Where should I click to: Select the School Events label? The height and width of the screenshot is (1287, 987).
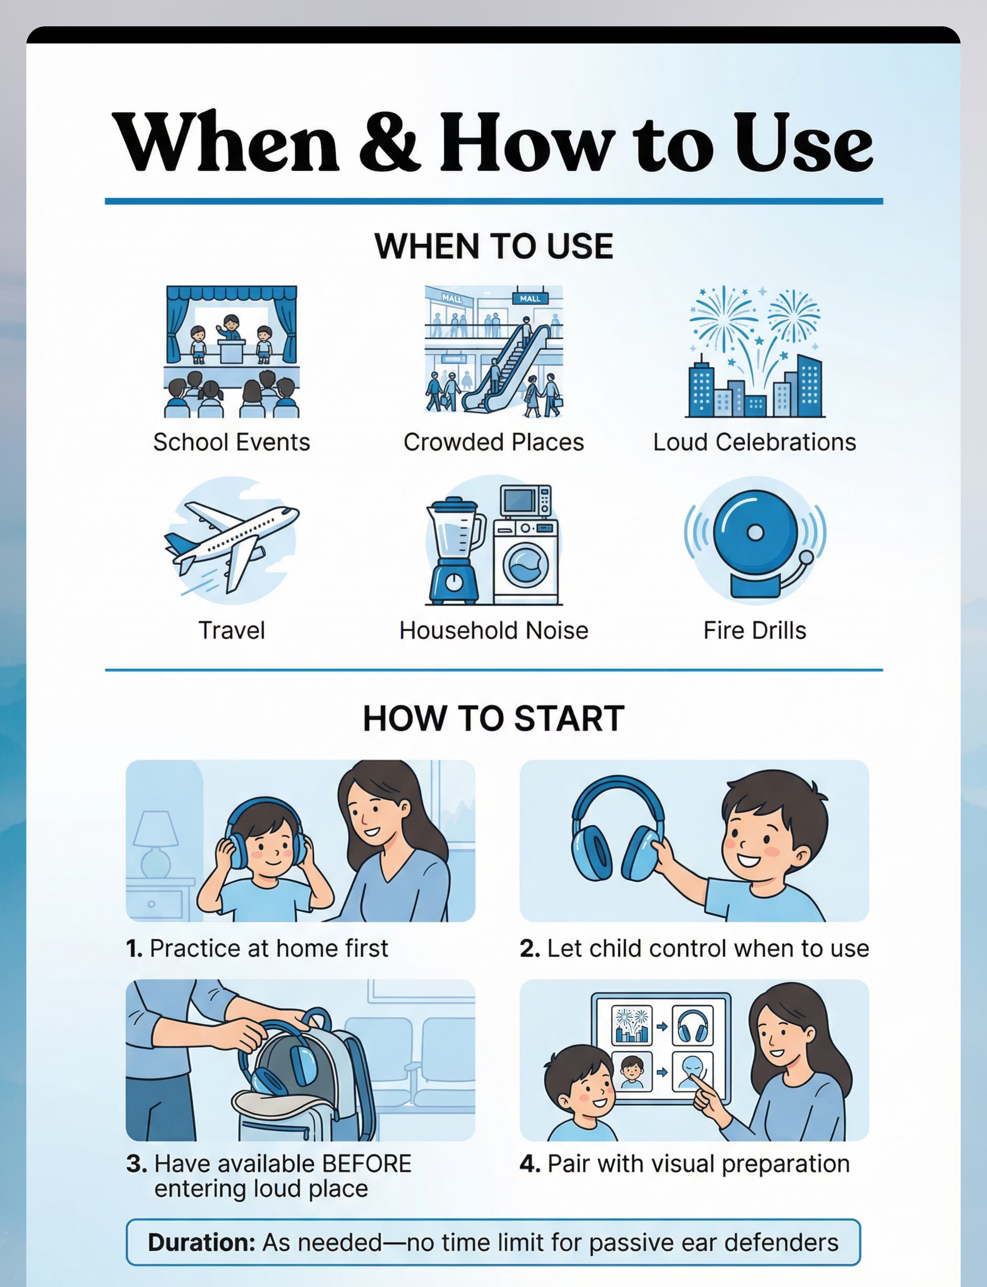point(231,442)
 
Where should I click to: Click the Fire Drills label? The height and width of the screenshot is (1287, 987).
point(755,630)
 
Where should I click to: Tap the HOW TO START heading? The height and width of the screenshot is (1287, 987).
point(493,719)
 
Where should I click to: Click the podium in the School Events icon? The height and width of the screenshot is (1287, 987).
point(231,350)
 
